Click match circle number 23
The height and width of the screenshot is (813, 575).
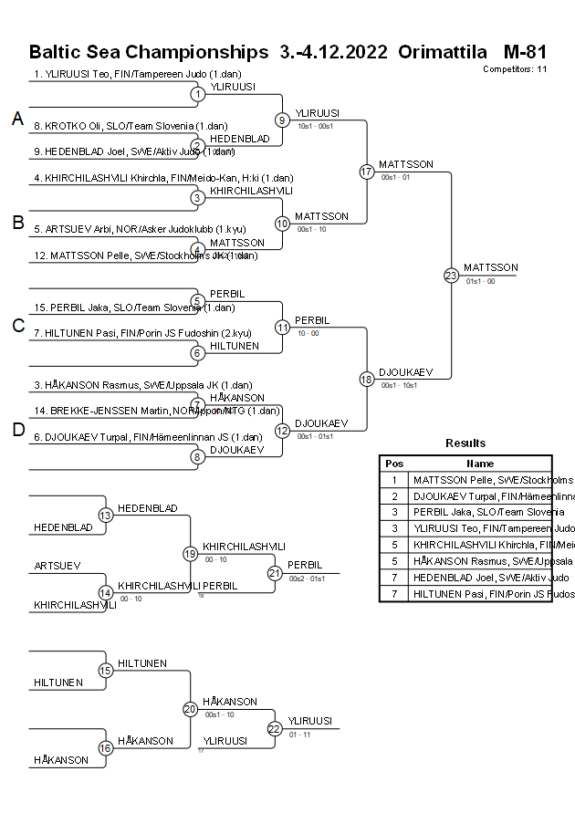click(x=451, y=275)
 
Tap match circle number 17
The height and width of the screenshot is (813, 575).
click(x=367, y=172)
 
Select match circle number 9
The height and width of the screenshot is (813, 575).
click(x=282, y=120)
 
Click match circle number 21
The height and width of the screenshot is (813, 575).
click(x=275, y=573)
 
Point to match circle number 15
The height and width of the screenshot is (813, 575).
click(x=105, y=671)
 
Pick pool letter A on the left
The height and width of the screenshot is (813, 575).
click(x=17, y=119)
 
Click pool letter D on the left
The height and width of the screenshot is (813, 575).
click(x=17, y=431)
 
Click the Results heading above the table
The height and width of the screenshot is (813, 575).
click(x=465, y=443)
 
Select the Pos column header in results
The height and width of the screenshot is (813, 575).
click(x=394, y=464)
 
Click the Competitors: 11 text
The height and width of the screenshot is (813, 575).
click(x=515, y=68)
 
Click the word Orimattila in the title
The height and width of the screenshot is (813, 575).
click(x=443, y=52)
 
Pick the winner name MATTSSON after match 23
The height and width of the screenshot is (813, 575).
click(x=490, y=267)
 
